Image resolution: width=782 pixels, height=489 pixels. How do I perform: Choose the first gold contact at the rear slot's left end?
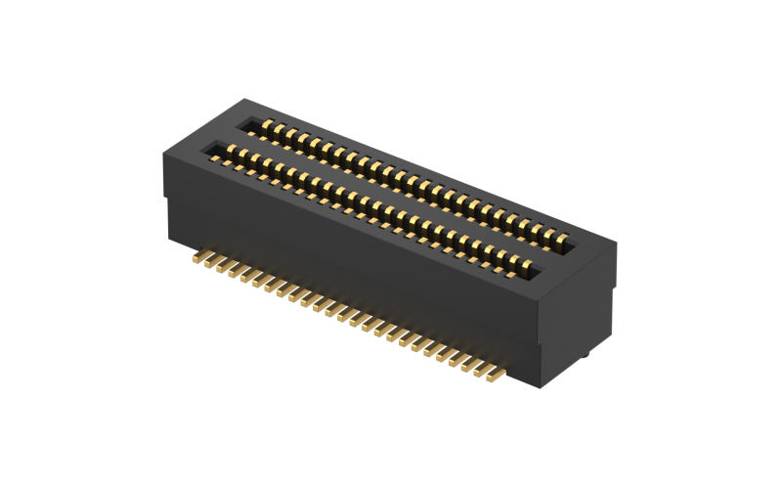tap(266, 124)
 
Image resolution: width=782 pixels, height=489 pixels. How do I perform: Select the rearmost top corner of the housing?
tap(246, 99)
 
